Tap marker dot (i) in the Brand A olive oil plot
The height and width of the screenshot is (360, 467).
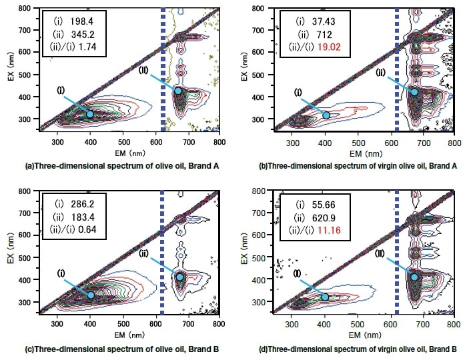pos(90,115)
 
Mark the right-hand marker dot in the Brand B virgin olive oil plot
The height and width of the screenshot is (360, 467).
pos(414,277)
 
